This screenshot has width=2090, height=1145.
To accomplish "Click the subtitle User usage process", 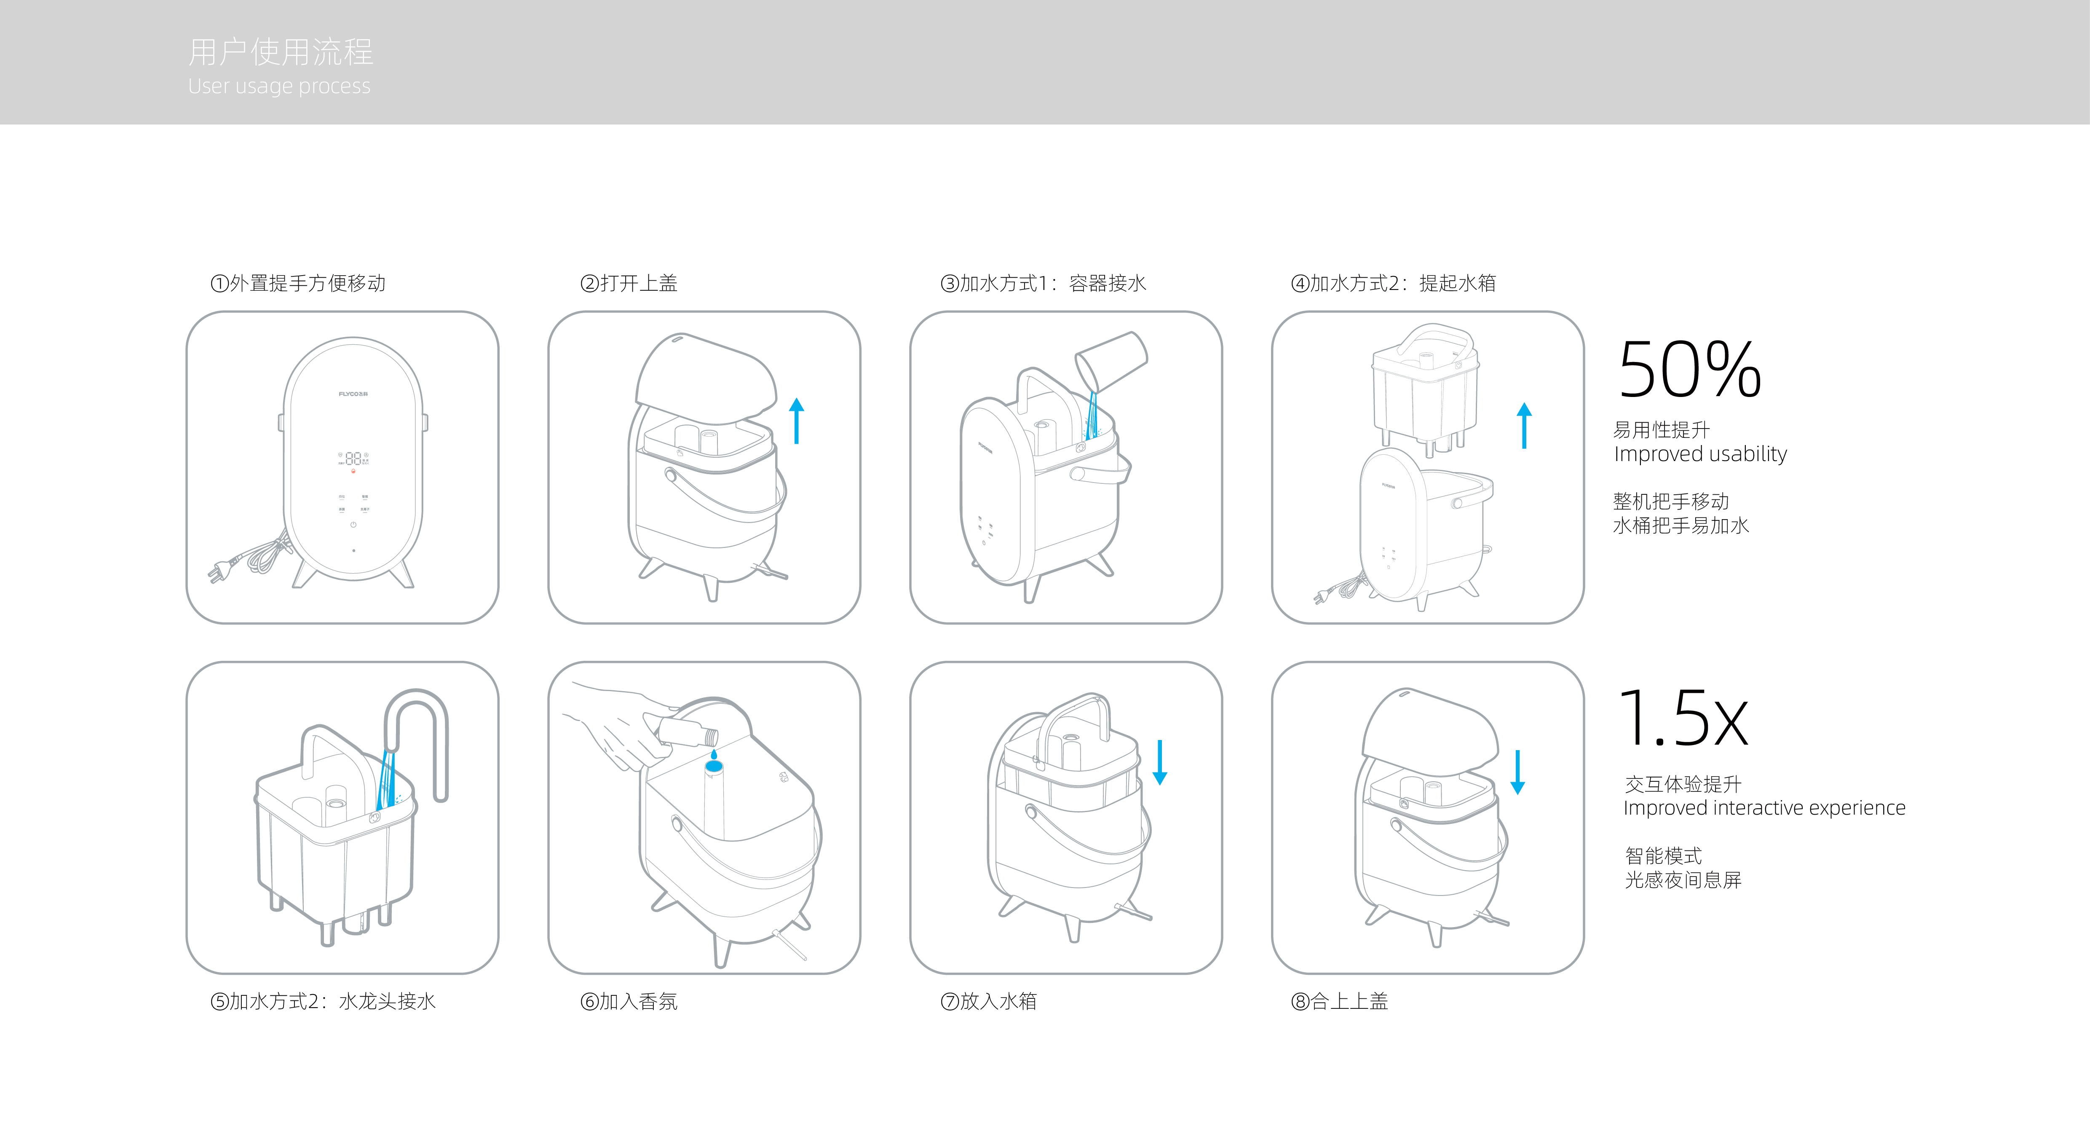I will point(279,86).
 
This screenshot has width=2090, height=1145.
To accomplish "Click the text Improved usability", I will point(1700,453).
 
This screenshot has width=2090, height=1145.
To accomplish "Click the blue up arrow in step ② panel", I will point(797,420).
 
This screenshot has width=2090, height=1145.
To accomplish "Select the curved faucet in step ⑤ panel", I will point(418,730).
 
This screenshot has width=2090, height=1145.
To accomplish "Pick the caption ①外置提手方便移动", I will point(298,283).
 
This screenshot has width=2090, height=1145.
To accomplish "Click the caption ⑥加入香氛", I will point(629,1001).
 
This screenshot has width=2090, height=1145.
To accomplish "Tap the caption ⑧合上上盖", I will point(1340,1001).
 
